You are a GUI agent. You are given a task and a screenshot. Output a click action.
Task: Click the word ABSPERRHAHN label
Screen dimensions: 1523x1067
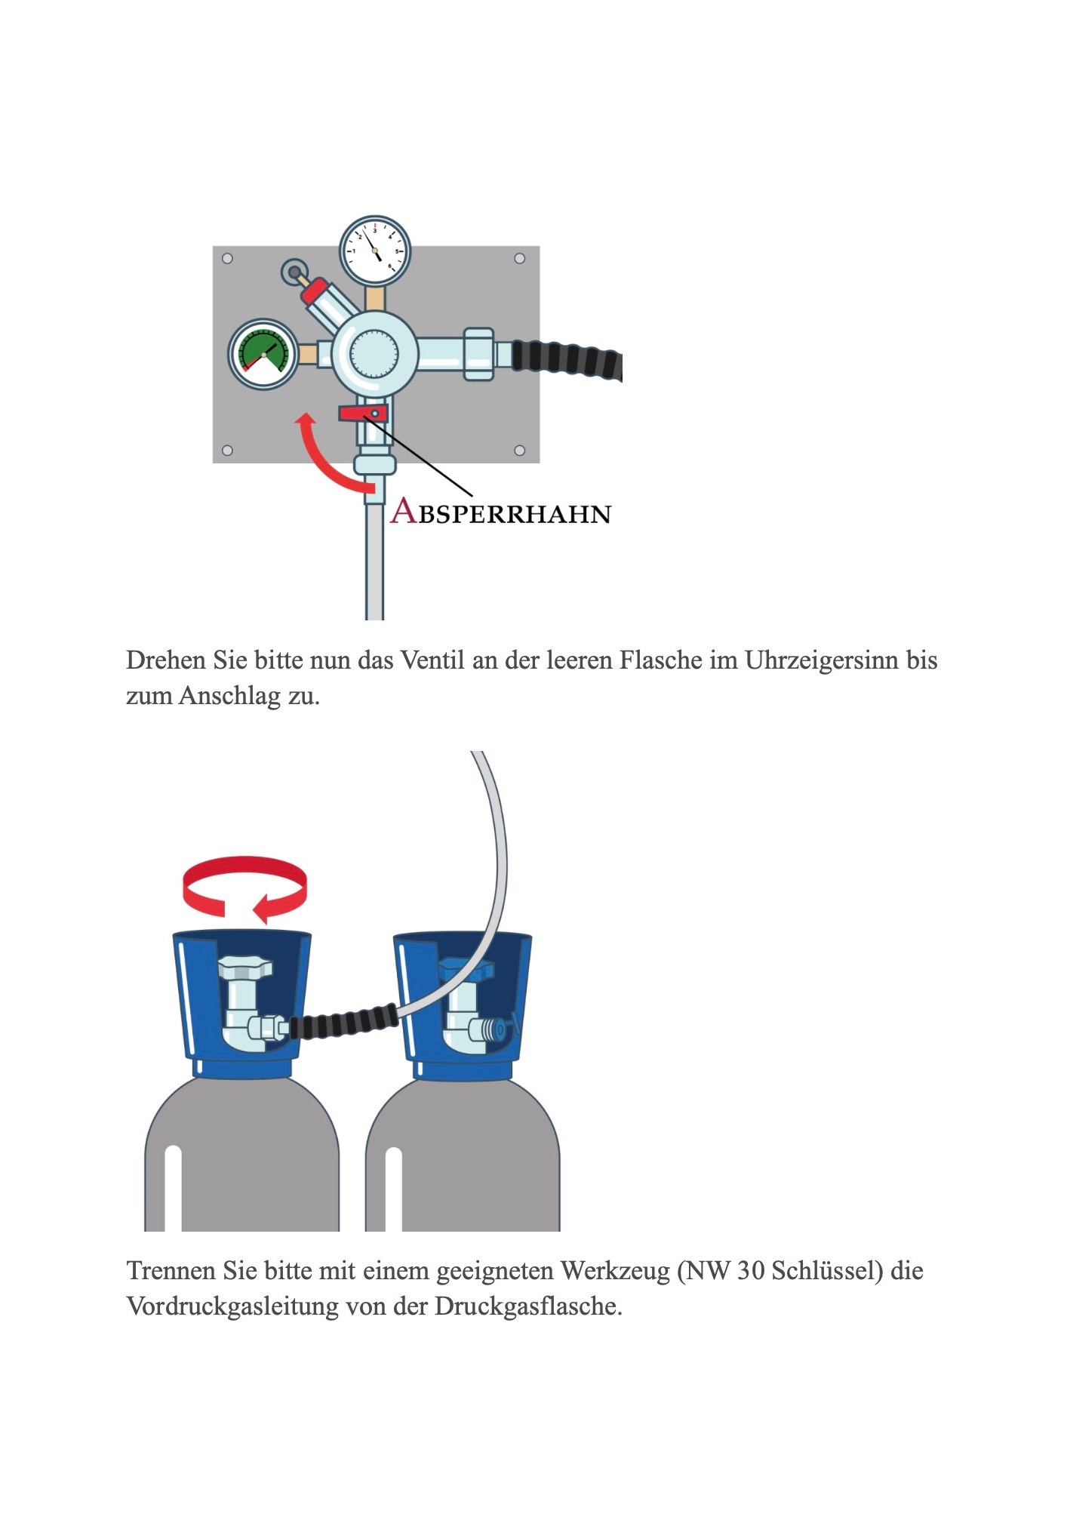point(500,512)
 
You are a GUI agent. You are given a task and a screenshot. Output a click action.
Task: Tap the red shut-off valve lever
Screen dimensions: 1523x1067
point(362,413)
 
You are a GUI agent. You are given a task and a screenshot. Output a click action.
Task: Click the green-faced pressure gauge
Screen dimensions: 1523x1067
point(263,355)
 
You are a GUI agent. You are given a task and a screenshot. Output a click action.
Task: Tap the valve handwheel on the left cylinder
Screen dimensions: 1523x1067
point(244,967)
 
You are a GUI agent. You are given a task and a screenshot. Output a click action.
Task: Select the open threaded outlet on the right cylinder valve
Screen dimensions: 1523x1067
point(494,1029)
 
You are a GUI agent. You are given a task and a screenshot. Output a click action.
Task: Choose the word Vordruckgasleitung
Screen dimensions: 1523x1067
point(232,1306)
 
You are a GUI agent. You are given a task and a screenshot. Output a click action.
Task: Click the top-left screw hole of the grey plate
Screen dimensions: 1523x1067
point(227,259)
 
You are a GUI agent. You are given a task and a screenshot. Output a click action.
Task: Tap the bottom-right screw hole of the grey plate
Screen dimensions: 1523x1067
point(519,451)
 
